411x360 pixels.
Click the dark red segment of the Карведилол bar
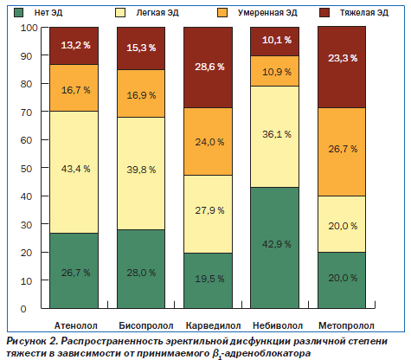pyautogui.click(x=208, y=67)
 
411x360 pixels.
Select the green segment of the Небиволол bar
pyautogui.click(x=274, y=247)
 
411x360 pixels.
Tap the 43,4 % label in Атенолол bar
pyautogui.click(x=75, y=169)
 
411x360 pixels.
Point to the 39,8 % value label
pyautogui.click(x=141, y=170)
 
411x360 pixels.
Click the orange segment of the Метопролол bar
pyautogui.click(x=342, y=152)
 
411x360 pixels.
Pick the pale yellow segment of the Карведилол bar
pyautogui.click(x=208, y=214)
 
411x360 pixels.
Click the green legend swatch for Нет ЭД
pyautogui.click(x=19, y=13)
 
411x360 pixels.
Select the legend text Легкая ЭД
pyautogui.click(x=157, y=13)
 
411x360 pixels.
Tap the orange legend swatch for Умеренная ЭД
pyautogui.click(x=222, y=13)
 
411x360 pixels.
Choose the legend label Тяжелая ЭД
pyautogui.click(x=364, y=13)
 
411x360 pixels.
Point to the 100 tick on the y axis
pyautogui.click(x=29, y=28)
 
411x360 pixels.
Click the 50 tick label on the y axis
pyautogui.click(x=26, y=169)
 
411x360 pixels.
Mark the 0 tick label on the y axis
pyautogui.click(x=23, y=309)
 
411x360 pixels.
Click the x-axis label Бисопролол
pyautogui.click(x=146, y=325)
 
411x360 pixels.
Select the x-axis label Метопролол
pyautogui.click(x=346, y=325)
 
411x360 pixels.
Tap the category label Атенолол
pyautogui.click(x=76, y=325)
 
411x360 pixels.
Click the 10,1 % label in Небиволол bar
pyautogui.click(x=277, y=40)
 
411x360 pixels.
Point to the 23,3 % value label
pyautogui.click(x=343, y=58)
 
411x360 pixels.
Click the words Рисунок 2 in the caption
pyautogui.click(x=32, y=341)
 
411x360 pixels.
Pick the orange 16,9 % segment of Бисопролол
pyautogui.click(x=141, y=93)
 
